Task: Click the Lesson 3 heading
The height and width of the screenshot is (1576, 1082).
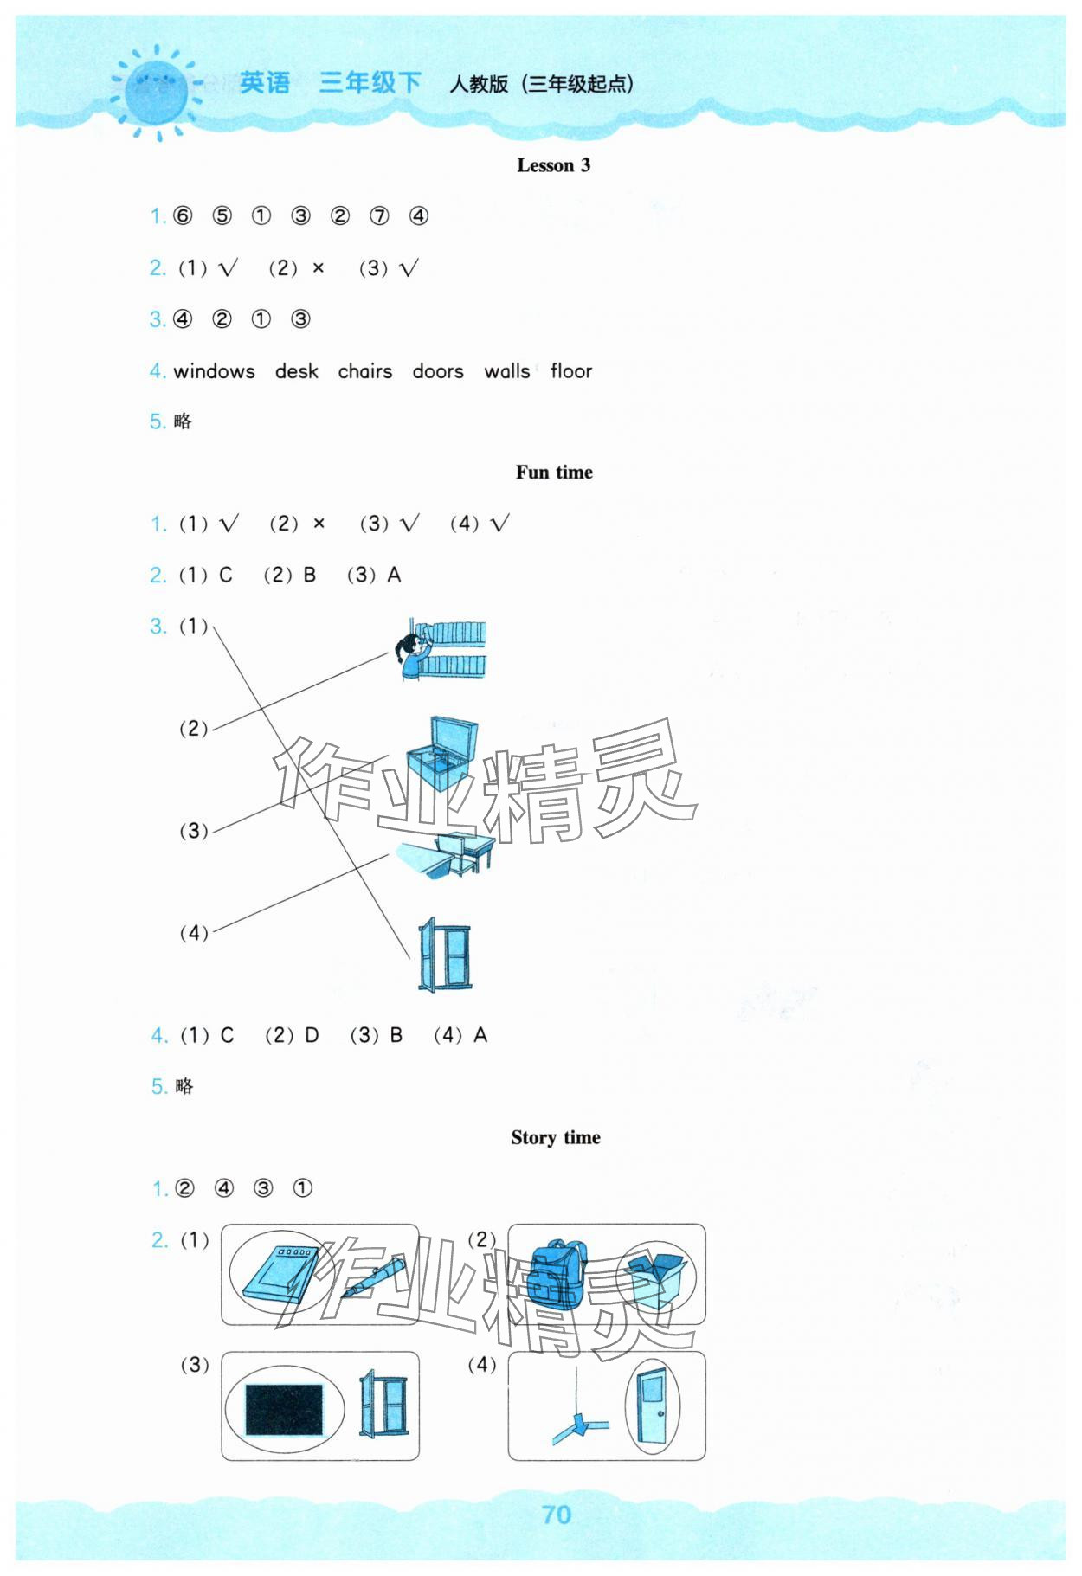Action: [553, 165]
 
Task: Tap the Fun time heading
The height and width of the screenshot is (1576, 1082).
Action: [554, 473]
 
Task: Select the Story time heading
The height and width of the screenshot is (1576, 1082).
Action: [555, 1137]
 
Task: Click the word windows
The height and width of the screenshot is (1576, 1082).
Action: [214, 371]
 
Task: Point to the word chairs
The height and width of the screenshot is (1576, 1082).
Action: [364, 371]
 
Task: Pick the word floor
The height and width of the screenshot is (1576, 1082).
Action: [570, 371]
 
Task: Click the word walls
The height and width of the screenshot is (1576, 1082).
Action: [506, 371]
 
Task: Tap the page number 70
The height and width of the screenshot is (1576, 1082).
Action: [556, 1515]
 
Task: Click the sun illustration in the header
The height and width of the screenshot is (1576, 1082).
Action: [157, 92]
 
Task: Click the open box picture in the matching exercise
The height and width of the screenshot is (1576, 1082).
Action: [441, 753]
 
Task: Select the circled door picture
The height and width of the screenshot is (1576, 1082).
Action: [650, 1406]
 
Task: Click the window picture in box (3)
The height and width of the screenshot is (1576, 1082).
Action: [383, 1404]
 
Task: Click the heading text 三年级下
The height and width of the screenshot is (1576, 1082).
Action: [370, 83]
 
